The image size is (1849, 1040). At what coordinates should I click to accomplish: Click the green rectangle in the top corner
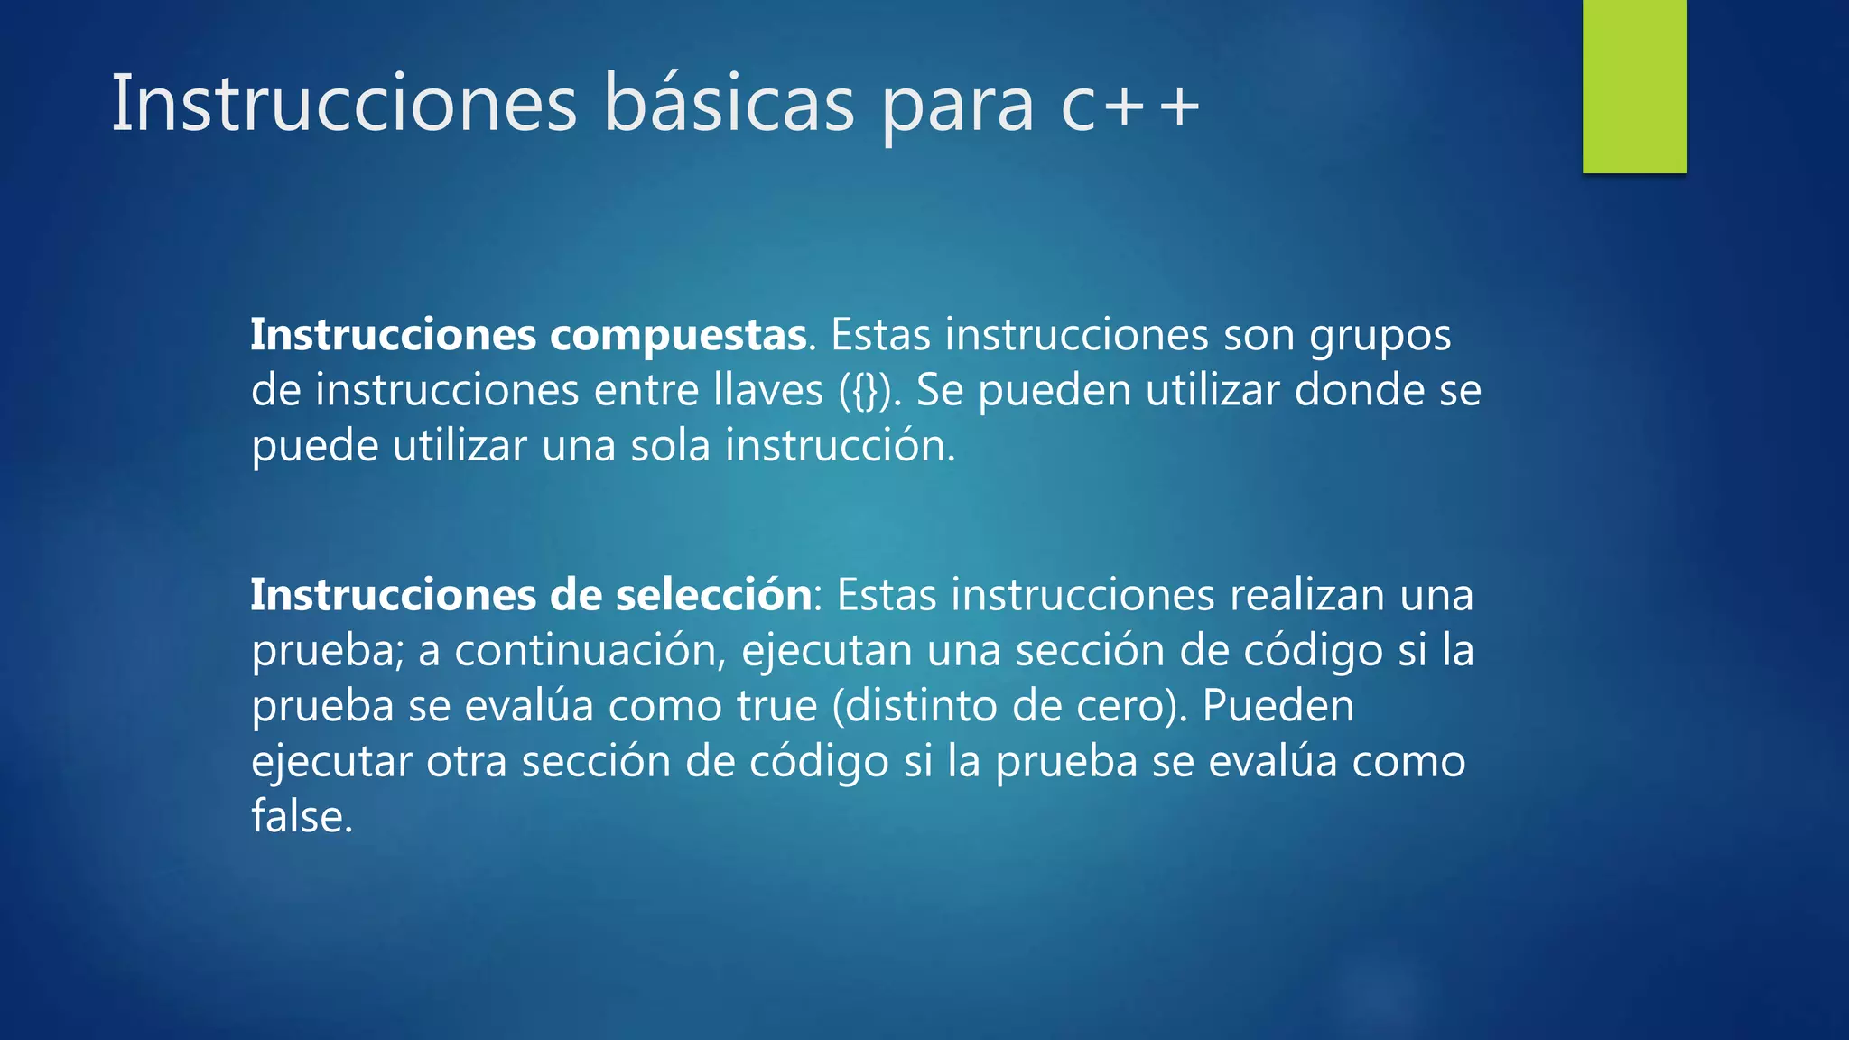[x=1634, y=86]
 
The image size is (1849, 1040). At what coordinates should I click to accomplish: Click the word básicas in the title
[x=728, y=104]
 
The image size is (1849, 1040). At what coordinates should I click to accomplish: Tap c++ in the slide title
[x=1129, y=106]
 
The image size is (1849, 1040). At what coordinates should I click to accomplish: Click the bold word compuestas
[x=678, y=336]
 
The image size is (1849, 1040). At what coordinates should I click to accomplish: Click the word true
[x=776, y=706]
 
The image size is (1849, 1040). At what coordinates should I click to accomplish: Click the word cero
[x=1122, y=706]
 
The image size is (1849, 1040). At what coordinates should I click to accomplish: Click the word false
[x=301, y=816]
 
